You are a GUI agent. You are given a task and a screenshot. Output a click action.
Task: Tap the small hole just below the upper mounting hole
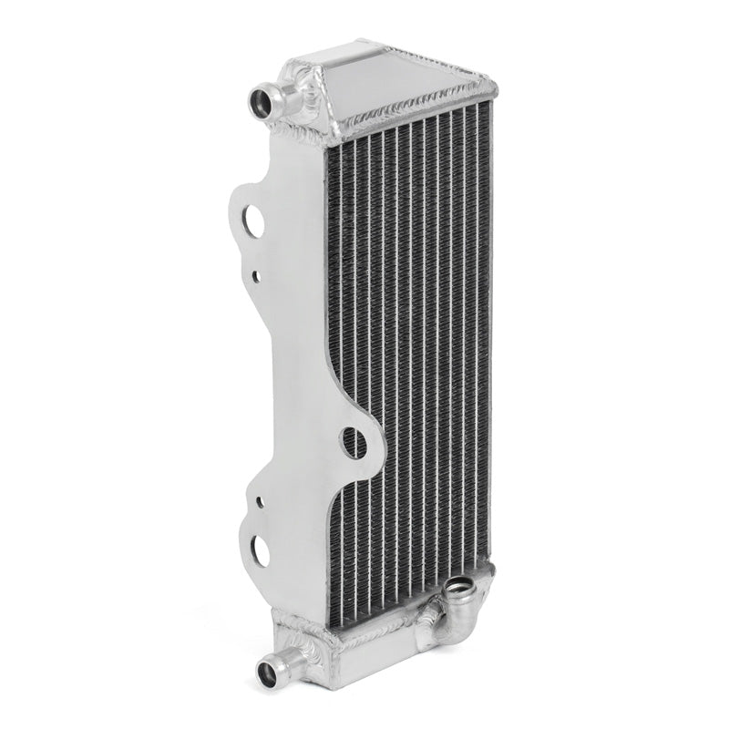tap(256, 274)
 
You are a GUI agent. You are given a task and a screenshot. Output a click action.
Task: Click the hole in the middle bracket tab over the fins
tap(353, 443)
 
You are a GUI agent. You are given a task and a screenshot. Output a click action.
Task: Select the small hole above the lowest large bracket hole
tap(261, 501)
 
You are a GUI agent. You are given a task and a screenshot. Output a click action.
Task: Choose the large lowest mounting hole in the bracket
tap(260, 548)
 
